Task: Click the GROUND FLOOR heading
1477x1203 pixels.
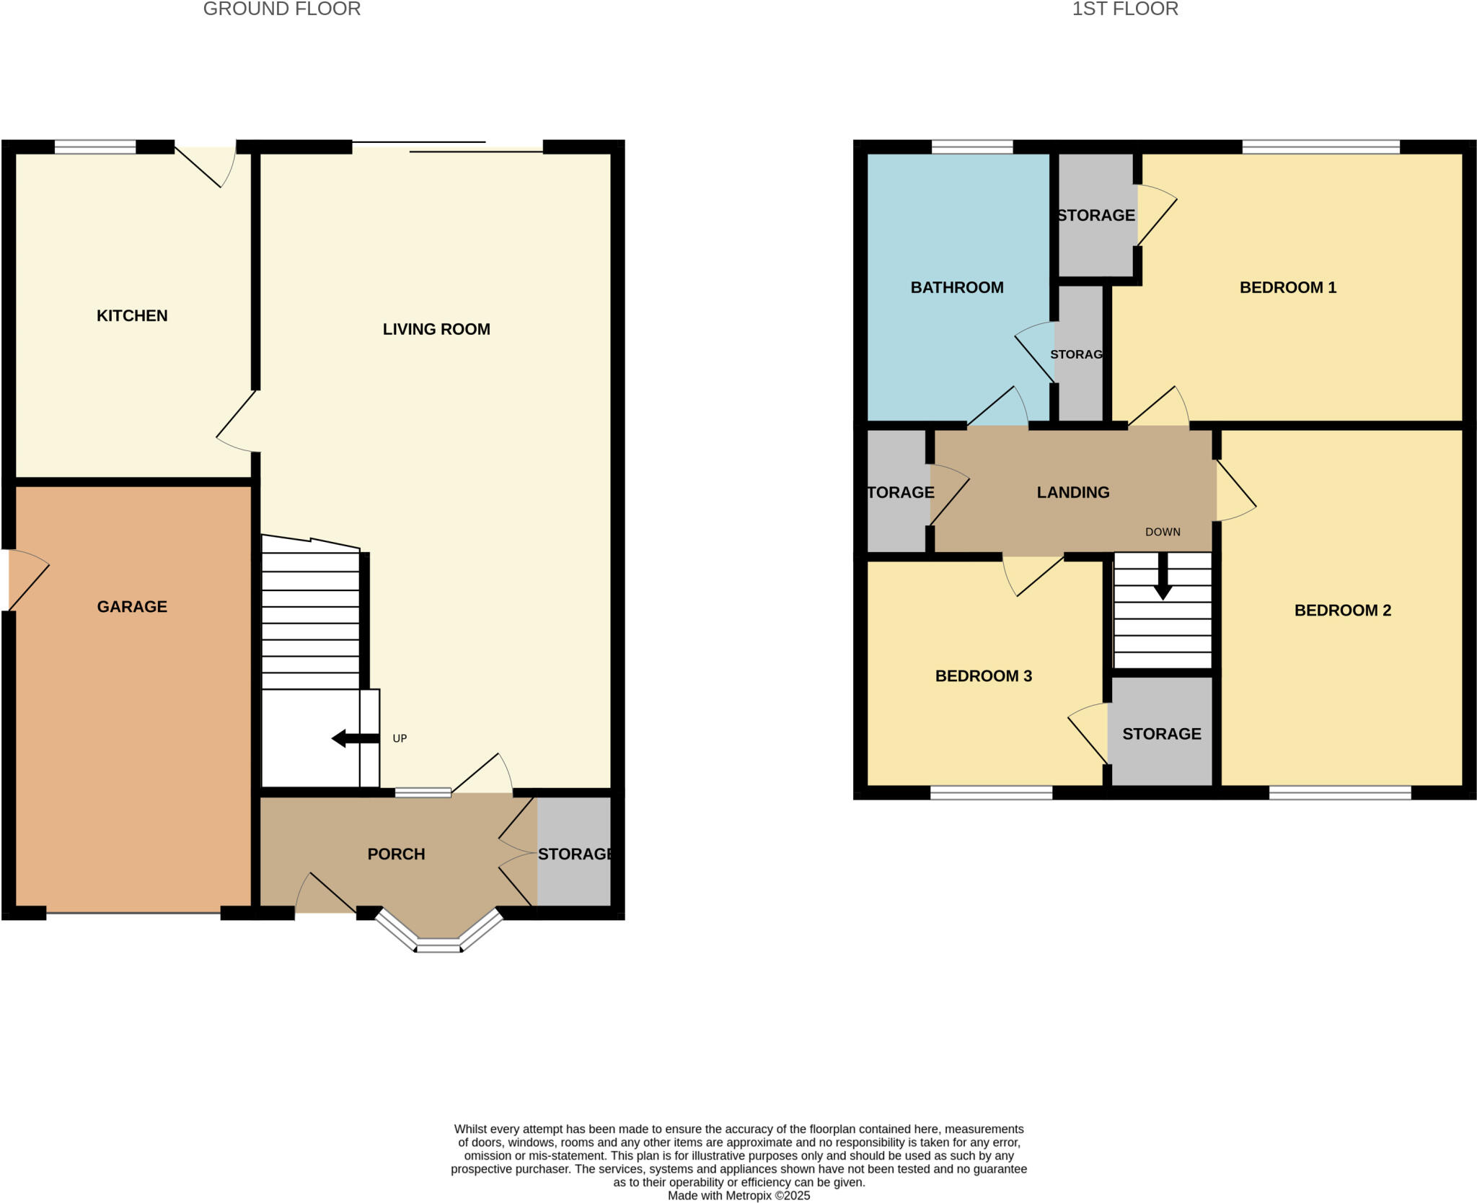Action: pos(281,9)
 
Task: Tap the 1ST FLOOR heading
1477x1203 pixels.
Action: pos(1124,9)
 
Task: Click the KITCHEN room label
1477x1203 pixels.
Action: pos(132,315)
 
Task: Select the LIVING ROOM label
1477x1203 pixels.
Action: pos(436,329)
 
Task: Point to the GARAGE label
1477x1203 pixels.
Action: pos(132,607)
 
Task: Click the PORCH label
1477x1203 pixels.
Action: pos(396,854)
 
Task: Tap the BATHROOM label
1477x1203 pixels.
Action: pos(957,287)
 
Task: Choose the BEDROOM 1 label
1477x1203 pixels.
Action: pos(1287,287)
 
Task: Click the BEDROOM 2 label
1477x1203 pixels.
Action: pos(1342,611)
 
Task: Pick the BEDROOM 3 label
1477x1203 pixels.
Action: pos(983,676)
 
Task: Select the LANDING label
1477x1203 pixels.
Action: pos(1072,492)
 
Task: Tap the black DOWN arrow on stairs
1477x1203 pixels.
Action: pos(1163,577)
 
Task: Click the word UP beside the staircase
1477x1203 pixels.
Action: pos(400,738)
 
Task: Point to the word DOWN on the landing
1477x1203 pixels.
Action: pos(1163,532)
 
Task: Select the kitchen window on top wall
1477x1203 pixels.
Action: pos(95,146)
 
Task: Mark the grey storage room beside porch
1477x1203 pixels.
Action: pos(574,852)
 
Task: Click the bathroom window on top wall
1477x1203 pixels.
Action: pos(971,146)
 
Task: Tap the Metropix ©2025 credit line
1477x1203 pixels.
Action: pos(738,1196)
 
